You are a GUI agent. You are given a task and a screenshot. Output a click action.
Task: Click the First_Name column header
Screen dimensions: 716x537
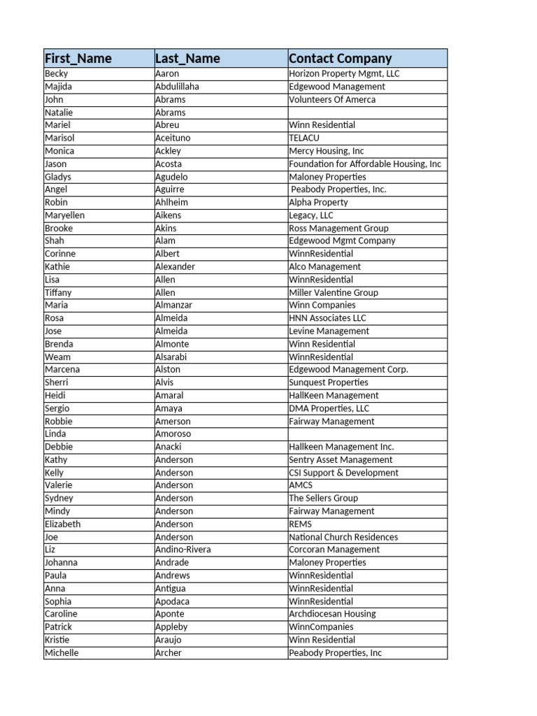[78, 59]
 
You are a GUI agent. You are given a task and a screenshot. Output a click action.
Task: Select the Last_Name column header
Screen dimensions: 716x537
[187, 59]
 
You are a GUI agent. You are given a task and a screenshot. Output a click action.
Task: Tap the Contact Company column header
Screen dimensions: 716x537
[341, 59]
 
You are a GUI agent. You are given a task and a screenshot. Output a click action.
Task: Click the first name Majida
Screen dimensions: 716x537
[59, 87]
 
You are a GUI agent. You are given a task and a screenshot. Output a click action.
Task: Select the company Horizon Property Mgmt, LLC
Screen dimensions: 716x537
[344, 73]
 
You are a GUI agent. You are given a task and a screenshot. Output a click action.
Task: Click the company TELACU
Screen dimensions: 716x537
[304, 138]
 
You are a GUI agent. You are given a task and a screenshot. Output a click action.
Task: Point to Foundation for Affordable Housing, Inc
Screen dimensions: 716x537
[365, 164]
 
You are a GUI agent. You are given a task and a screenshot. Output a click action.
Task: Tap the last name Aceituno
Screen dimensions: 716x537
[173, 138]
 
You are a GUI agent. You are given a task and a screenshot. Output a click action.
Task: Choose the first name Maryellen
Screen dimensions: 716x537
[64, 215]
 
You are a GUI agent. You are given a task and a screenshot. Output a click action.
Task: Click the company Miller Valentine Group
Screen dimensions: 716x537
[334, 292]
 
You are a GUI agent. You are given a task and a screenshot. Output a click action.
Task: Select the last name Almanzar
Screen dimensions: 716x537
[173, 305]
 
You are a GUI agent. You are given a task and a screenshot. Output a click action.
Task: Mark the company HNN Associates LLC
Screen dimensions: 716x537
[327, 318]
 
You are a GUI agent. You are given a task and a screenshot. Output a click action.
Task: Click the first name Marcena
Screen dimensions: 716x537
[62, 369]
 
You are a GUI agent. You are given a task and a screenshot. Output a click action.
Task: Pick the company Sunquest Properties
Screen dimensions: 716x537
[329, 382]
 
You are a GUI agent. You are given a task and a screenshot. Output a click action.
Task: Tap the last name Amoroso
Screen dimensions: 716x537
[173, 434]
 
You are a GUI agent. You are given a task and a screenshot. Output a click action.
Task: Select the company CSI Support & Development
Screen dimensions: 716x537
[343, 473]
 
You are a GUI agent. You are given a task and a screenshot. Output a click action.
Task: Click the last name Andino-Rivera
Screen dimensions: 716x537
[183, 550]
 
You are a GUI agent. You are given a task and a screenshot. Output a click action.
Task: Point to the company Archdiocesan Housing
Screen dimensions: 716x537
[332, 614]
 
